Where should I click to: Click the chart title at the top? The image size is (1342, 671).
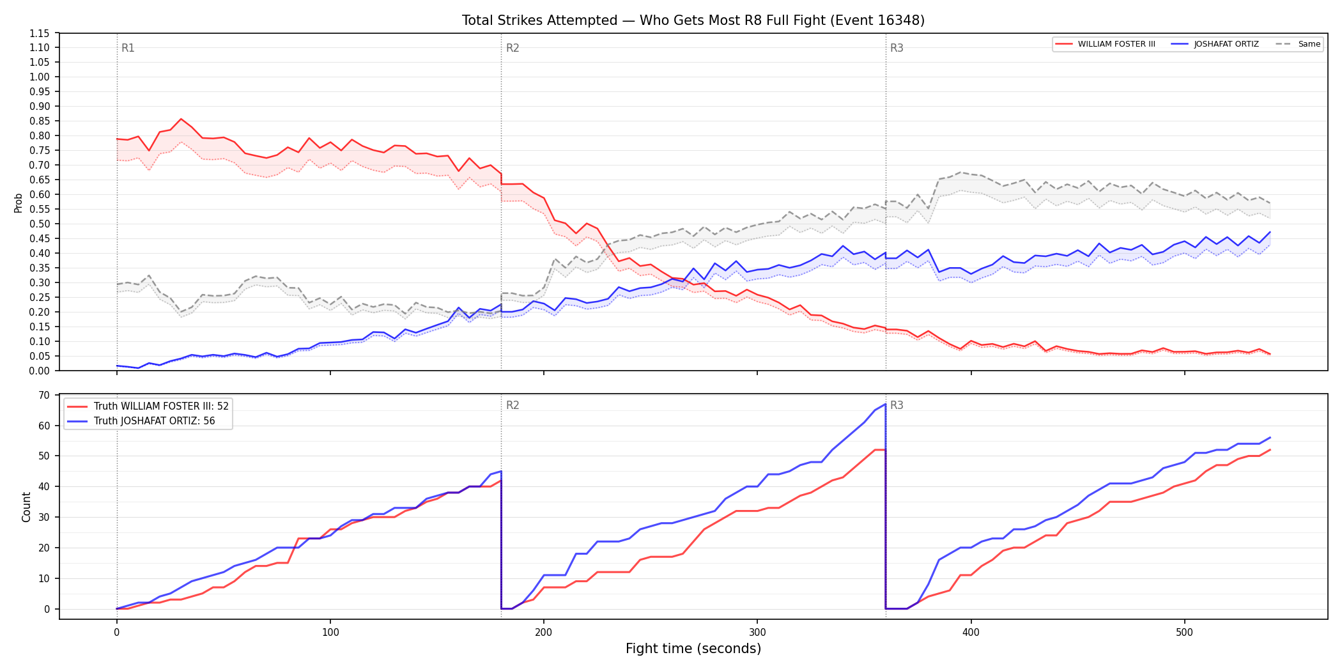[x=693, y=20]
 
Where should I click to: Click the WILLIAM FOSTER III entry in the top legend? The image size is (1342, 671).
[x=1105, y=44]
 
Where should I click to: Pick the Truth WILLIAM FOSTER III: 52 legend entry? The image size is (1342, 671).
[x=148, y=406]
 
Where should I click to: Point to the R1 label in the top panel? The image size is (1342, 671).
[x=128, y=48]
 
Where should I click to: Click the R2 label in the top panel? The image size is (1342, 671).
[x=513, y=48]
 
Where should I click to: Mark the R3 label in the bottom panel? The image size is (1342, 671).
[x=897, y=405]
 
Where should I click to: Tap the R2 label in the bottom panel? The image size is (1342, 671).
[x=513, y=405]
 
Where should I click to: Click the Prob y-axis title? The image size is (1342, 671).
[x=18, y=203]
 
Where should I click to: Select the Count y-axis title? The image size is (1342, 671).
[x=26, y=507]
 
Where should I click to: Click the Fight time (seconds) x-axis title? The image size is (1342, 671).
[x=693, y=649]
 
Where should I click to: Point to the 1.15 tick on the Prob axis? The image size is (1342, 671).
[x=40, y=33]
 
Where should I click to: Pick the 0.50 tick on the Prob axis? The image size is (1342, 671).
[x=40, y=224]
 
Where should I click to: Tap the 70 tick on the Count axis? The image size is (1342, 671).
[x=44, y=395]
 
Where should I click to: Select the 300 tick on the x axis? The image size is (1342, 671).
[x=757, y=633]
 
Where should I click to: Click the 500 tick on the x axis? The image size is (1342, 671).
[x=1184, y=633]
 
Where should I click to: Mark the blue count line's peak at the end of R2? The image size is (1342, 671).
[x=885, y=404]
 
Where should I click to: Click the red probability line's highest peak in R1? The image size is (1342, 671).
[x=181, y=119]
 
